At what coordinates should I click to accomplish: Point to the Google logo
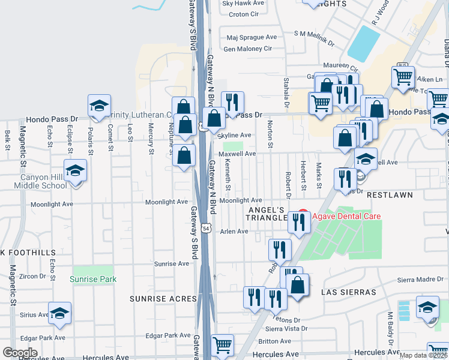(x=20, y=353)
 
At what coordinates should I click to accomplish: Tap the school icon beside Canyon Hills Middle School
(x=76, y=171)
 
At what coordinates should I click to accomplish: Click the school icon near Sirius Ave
(x=59, y=313)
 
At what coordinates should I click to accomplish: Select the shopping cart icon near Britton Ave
(x=223, y=345)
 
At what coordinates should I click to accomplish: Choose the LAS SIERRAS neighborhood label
(x=349, y=292)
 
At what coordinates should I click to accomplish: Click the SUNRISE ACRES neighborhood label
(x=163, y=298)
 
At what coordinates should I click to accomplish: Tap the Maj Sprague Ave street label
(x=250, y=37)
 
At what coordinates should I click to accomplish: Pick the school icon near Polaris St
(x=99, y=106)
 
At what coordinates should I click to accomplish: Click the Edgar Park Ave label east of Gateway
(x=172, y=335)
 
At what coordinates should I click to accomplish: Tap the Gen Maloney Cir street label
(x=248, y=49)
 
